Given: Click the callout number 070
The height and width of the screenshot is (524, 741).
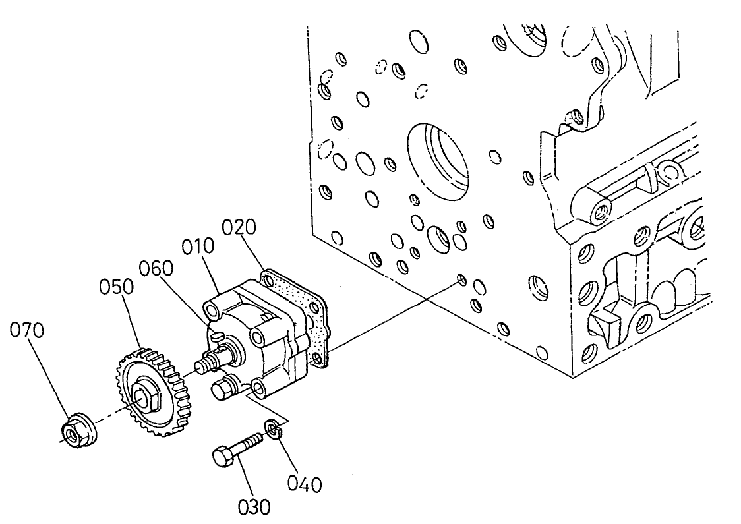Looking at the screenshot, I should coord(27,331).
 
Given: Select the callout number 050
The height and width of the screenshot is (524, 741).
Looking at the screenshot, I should coord(117,288).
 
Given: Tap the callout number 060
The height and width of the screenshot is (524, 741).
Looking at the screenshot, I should coord(156,269).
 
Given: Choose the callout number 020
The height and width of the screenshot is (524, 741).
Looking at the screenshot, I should coord(238,227).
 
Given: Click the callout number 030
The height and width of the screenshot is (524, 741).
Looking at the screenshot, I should coord(254,506).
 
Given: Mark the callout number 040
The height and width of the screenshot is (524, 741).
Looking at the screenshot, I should coord(305,484).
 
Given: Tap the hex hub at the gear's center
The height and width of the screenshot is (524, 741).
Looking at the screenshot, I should coord(142,395).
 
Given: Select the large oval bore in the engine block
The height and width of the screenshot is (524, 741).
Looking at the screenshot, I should coord(438,158).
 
